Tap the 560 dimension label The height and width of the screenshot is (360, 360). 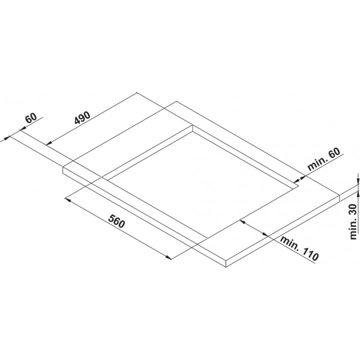pyautogui.click(x=116, y=221)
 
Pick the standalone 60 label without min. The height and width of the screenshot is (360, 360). pyautogui.click(x=31, y=118)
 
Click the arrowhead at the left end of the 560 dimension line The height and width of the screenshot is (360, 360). pyautogui.click(x=67, y=200)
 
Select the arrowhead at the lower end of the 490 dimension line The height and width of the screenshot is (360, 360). pyautogui.click(x=48, y=143)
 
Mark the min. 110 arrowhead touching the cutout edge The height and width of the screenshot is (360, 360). pyautogui.click(x=242, y=221)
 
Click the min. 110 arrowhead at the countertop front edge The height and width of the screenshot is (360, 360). pyautogui.click(x=265, y=234)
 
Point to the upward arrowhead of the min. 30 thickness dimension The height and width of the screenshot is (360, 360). pyautogui.click(x=358, y=193)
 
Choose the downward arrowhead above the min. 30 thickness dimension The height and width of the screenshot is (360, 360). pyautogui.click(x=358, y=181)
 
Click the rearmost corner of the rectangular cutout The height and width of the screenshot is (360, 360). pyautogui.click(x=192, y=125)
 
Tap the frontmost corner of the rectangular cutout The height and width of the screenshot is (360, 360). pyautogui.click(x=207, y=238)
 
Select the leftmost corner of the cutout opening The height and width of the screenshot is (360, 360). pyautogui.click(x=101, y=177)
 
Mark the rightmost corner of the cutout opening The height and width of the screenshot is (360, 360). pyautogui.click(x=298, y=185)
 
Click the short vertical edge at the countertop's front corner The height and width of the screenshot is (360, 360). pyautogui.click(x=226, y=263)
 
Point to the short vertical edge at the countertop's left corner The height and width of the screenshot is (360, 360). pyautogui.click(x=63, y=170)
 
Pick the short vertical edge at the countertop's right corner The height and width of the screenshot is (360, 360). pyautogui.click(x=340, y=197)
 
